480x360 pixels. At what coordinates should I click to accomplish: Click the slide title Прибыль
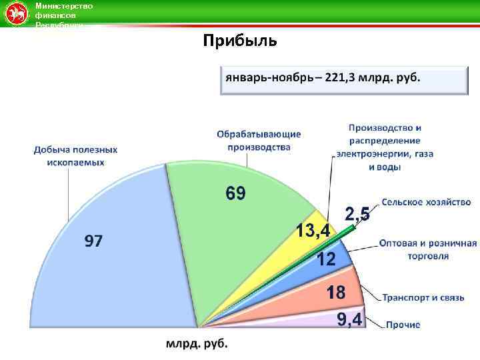240,41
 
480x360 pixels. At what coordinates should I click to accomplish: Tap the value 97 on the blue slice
93,241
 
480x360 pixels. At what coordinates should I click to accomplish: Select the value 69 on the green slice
235,194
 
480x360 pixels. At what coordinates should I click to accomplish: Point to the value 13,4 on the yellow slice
313,231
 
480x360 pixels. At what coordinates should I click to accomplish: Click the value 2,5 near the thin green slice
357,214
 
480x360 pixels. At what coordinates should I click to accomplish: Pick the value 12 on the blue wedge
325,260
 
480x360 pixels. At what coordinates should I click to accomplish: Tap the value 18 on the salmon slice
335,292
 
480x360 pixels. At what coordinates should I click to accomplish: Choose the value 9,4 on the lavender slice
349,320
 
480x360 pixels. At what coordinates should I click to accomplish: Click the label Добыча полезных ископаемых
75,156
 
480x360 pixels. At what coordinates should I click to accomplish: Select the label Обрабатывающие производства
258,141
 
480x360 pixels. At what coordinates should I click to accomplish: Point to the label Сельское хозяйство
427,202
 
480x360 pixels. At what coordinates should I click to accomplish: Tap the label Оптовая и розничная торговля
427,249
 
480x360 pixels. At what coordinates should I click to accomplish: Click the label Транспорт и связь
423,297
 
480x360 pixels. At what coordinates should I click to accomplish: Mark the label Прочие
403,325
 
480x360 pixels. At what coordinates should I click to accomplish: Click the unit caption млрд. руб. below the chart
197,344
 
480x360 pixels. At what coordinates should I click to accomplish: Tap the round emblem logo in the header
14,14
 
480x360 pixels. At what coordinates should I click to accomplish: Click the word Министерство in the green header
64,6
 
